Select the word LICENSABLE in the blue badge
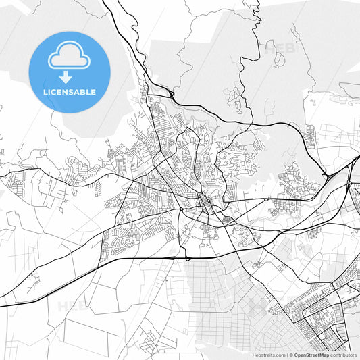[x=70, y=92]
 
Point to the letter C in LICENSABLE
[x=55, y=92]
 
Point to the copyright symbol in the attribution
[x=290, y=355]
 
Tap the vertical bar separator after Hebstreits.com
[x=286, y=355]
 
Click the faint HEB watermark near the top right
[x=277, y=48]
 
